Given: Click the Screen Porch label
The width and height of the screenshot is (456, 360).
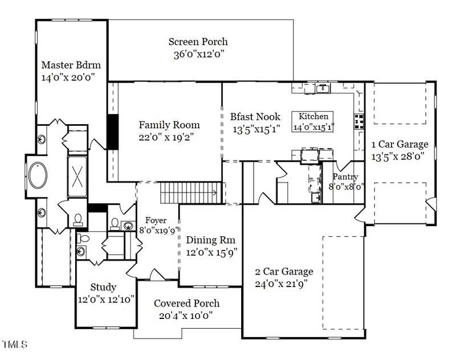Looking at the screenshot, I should click(198, 42).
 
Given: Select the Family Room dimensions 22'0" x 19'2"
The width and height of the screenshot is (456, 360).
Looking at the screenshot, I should click(169, 137).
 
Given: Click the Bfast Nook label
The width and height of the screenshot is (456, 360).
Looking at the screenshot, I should click(255, 117).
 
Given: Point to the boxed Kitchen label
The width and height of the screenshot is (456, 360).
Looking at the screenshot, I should click(313, 116).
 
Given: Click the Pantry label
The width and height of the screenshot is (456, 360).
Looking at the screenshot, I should click(345, 177).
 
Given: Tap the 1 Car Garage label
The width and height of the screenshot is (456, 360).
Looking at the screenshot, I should click(400, 144).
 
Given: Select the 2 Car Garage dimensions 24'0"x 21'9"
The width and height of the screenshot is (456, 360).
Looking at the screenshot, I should click(284, 284).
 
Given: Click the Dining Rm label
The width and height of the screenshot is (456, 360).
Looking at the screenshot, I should click(211, 240).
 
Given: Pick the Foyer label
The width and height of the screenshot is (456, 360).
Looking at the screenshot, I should click(156, 220).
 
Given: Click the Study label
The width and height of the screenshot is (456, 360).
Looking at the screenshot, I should click(103, 287).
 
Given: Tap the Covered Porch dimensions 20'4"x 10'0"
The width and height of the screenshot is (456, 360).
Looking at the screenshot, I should click(186, 316).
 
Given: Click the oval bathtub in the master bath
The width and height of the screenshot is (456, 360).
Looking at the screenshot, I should click(39, 175).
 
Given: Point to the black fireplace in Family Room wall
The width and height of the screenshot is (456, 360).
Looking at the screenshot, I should click(113, 132).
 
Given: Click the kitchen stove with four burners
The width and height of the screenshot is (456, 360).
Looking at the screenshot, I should click(360, 120).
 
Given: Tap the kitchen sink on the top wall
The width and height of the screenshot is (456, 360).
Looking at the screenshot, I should click(322, 88).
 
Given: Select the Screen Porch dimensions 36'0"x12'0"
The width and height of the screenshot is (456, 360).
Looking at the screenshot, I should click(198, 55).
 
